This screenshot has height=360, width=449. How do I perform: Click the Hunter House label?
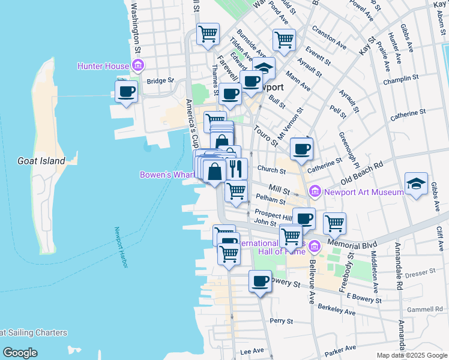pyautogui.click(x=103, y=66)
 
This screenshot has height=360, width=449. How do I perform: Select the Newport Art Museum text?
pyautogui.click(x=364, y=192)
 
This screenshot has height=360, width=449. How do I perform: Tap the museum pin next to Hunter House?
pyautogui.click(x=137, y=65)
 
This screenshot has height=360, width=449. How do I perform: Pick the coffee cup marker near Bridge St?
pyautogui.click(x=126, y=92)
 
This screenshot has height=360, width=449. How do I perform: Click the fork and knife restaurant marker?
pyautogui.click(x=237, y=169)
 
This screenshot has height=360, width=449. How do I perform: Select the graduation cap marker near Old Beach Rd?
pyautogui.click(x=416, y=184)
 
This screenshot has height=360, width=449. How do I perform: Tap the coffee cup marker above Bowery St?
pyautogui.click(x=260, y=281)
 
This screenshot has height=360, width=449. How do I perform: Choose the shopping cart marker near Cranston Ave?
pyautogui.click(x=285, y=40)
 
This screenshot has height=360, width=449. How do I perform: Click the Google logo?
pyautogui.click(x=20, y=352)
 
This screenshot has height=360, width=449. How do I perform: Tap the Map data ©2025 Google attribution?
pyautogui.click(x=411, y=355)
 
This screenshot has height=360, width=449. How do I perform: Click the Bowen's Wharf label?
pyautogui.click(x=166, y=175)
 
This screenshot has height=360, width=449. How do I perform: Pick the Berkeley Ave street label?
pyautogui.click(x=337, y=310)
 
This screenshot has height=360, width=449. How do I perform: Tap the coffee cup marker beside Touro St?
pyautogui.click(x=301, y=148)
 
